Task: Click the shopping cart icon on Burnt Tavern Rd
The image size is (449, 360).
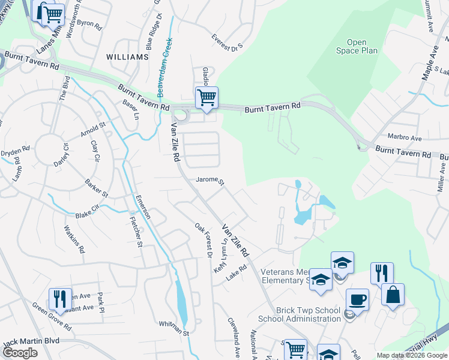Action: pos(206,97)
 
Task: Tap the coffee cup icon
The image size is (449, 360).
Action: pos(357,299)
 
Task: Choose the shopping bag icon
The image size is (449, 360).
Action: pos(393,295)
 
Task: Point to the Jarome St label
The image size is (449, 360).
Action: pos(210,181)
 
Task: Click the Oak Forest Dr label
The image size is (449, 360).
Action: pos(204,241)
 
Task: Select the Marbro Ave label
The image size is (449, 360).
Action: pos(405,138)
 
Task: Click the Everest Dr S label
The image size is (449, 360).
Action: pos(226,41)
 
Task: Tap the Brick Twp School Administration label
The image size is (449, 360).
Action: pos(300,314)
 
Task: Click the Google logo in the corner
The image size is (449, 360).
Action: pos(19,352)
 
